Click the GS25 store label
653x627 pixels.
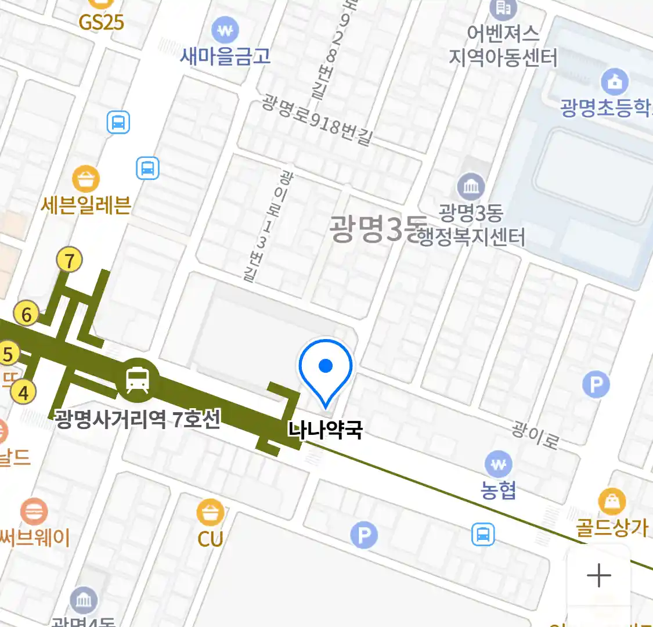pyautogui.click(x=101, y=22)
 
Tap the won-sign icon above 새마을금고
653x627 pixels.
pyautogui.click(x=225, y=30)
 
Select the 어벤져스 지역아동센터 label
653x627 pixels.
pyautogui.click(x=503, y=45)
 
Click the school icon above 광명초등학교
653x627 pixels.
pyautogui.click(x=615, y=82)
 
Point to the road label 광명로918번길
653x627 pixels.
pyautogui.click(x=316, y=120)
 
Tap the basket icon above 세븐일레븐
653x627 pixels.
pyautogui.click(x=86, y=179)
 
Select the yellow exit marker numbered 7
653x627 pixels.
pyautogui.click(x=70, y=261)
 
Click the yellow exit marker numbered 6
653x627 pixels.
pyautogui.click(x=27, y=314)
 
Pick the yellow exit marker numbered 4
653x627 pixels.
pyautogui.click(x=23, y=392)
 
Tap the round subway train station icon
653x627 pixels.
pyautogui.click(x=138, y=380)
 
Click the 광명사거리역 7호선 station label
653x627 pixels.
pyautogui.click(x=138, y=418)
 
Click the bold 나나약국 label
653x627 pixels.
pyautogui.click(x=325, y=430)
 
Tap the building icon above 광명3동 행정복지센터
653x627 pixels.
pyautogui.click(x=471, y=187)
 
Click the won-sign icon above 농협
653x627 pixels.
pyautogui.click(x=498, y=464)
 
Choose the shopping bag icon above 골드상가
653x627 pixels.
pyautogui.click(x=612, y=502)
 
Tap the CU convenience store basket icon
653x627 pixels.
pyautogui.click(x=210, y=513)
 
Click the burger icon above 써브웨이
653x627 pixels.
pyautogui.click(x=34, y=512)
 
